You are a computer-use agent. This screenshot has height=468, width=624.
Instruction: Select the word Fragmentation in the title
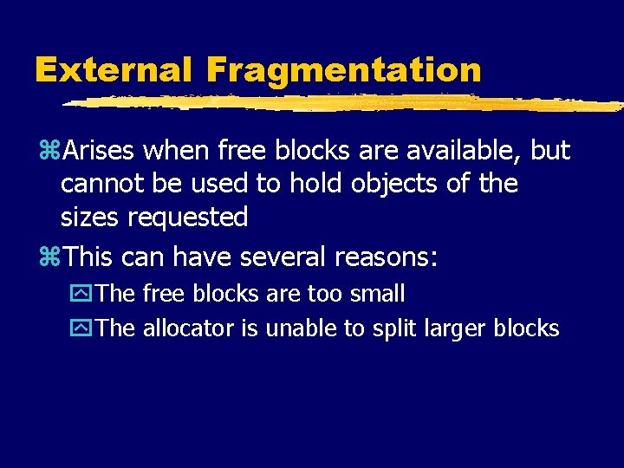tap(344, 69)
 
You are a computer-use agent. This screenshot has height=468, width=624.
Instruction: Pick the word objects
tap(398, 184)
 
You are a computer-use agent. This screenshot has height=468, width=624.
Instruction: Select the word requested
tap(188, 217)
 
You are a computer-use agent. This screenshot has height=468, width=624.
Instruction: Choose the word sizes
tap(90, 217)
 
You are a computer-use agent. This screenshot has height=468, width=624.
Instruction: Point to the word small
tap(377, 294)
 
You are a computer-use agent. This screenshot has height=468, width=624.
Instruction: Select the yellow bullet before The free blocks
tap(85, 295)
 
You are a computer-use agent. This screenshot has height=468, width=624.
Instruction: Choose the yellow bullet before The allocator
tap(85, 329)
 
